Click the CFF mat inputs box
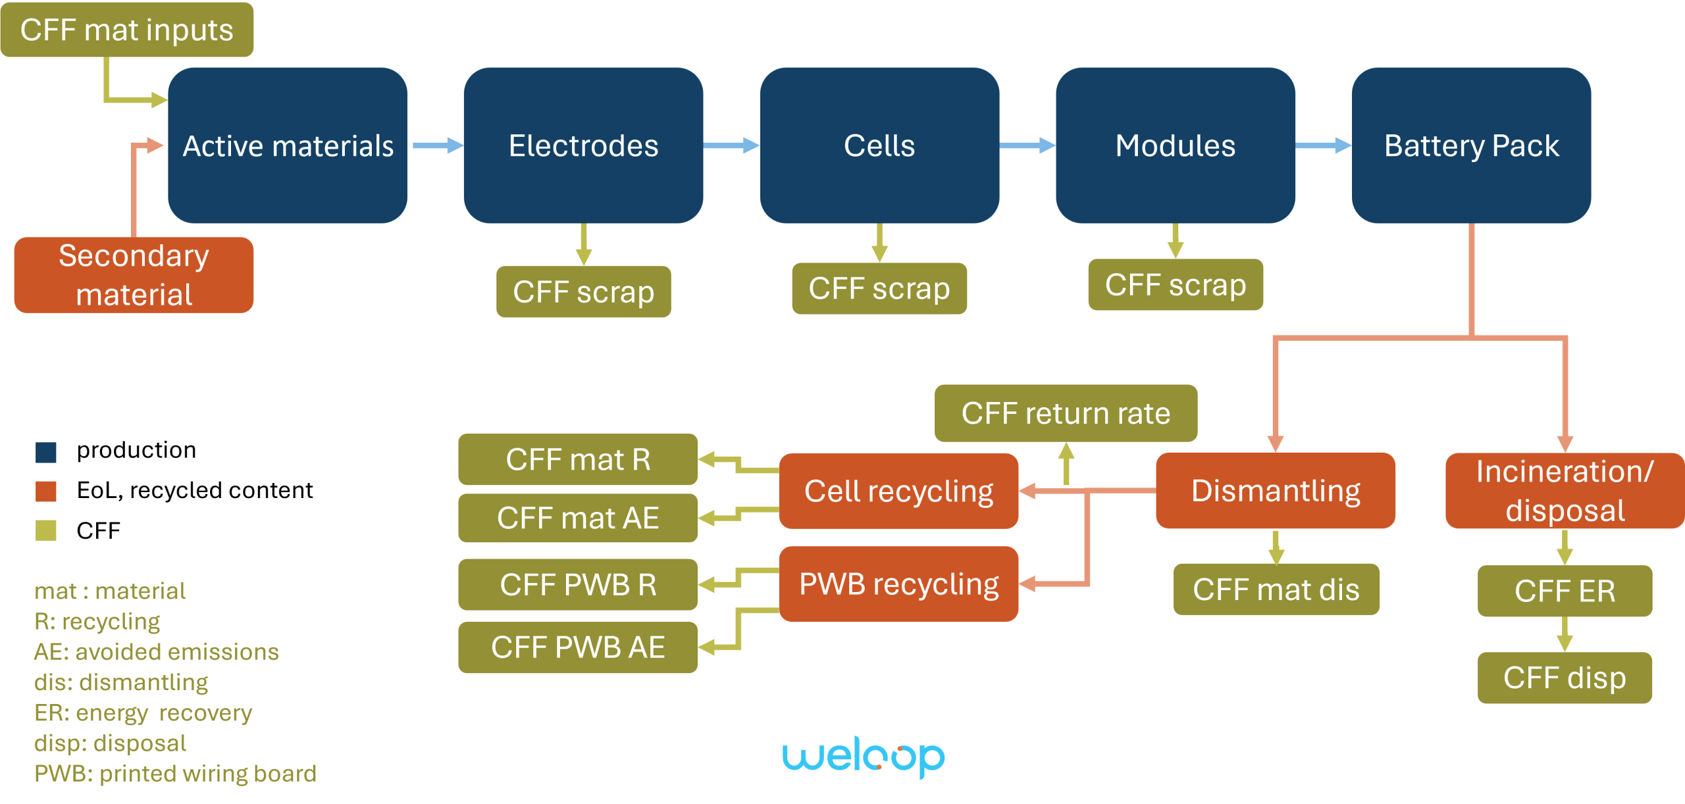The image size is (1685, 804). pyautogui.click(x=126, y=30)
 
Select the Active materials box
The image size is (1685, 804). pyautogui.click(x=288, y=145)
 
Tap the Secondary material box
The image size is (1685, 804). pyautogui.click(x=134, y=274)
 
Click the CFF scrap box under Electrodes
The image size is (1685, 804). pyautogui.click(x=583, y=291)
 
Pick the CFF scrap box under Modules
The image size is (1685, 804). pyautogui.click(x=1175, y=284)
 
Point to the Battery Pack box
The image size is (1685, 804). pyautogui.click(x=1471, y=145)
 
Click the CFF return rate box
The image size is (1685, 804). pyautogui.click(x=1066, y=413)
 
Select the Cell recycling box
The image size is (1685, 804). pyautogui.click(x=898, y=491)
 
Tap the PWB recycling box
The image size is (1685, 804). pyautogui.click(x=898, y=584)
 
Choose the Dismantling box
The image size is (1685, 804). pyautogui.click(x=1275, y=491)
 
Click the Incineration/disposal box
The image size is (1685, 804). pyautogui.click(x=1564, y=491)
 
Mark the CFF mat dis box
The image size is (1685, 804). pyautogui.click(x=1276, y=590)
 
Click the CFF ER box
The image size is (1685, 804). pyautogui.click(x=1565, y=591)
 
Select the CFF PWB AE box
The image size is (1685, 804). pyautogui.click(x=578, y=647)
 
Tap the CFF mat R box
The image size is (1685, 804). pyautogui.click(x=578, y=459)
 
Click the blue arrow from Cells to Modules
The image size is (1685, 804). pyautogui.click(x=1027, y=145)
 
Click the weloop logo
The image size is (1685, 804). pyautogui.click(x=864, y=758)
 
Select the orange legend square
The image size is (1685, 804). pyautogui.click(x=46, y=491)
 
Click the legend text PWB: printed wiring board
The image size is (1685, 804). pyautogui.click(x=175, y=774)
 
